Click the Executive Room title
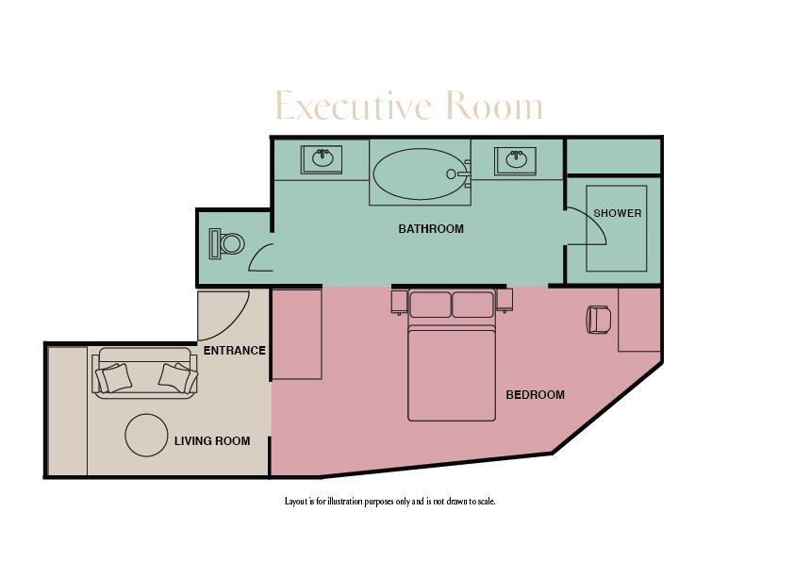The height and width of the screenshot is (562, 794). [408, 107]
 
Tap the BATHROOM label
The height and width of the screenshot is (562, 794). [431, 229]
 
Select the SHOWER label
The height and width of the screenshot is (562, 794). [618, 213]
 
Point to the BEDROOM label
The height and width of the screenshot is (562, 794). [535, 395]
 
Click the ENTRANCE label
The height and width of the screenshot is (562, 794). [235, 351]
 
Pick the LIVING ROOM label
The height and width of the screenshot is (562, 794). [212, 441]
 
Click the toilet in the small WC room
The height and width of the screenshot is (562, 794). [227, 244]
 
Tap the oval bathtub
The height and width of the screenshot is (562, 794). [421, 174]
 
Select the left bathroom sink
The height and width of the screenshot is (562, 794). [323, 159]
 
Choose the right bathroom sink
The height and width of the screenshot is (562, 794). [516, 160]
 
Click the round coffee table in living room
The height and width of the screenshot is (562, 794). [146, 436]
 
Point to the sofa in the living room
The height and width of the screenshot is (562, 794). [145, 372]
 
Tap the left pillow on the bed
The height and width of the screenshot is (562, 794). [430, 305]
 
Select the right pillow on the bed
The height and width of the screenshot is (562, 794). [472, 305]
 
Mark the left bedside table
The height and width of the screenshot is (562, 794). [398, 301]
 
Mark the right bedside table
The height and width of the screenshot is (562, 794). [505, 301]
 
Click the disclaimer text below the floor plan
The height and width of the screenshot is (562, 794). [389, 502]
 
